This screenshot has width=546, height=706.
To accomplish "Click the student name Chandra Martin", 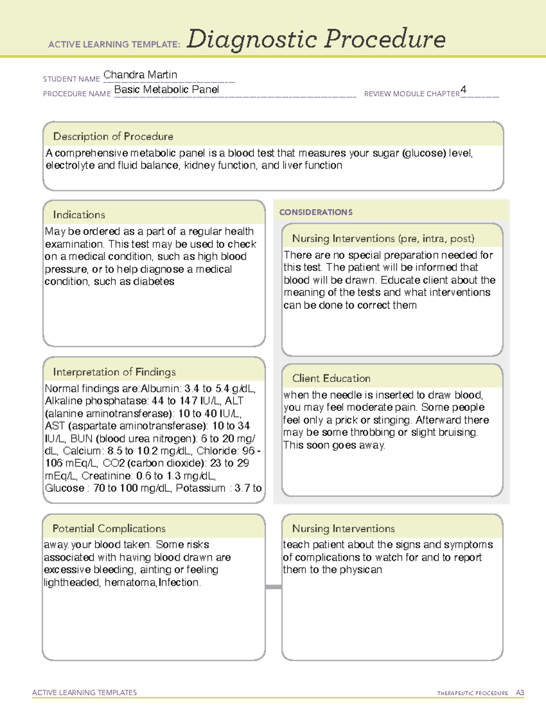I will pos(140,75).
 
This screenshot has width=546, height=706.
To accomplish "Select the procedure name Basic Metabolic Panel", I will pos(167,90).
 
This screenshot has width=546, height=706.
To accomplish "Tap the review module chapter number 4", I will pos(463,90).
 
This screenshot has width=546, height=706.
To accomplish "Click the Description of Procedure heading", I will pos(113,136).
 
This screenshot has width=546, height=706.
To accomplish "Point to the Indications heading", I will pos(79,215).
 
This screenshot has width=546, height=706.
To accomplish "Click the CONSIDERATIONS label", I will pos(316,212).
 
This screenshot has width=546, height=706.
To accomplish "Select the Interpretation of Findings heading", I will pos(114,372).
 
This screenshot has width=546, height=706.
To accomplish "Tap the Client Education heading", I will pos(331,378).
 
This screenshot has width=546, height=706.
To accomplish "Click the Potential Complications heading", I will pos(109,528).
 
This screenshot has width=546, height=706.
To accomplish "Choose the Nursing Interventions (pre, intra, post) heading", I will pos(383,239).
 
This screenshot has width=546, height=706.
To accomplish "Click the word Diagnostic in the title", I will pos(252,39).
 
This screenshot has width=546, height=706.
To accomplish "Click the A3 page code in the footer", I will pos(520,693).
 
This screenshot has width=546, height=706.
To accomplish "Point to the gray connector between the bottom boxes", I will pos(273,587).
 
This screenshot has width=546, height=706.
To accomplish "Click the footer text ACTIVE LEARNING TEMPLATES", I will pos(85,692).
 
